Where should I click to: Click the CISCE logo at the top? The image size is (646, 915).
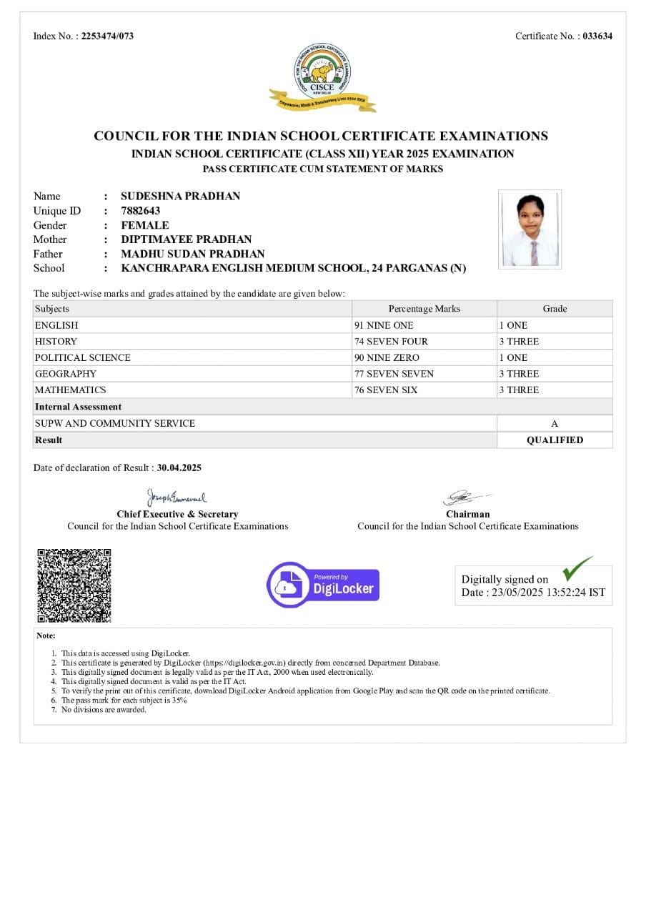323,77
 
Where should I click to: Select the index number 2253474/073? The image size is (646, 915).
107,36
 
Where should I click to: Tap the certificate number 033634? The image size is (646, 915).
597,36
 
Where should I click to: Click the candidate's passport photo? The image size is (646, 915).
530,229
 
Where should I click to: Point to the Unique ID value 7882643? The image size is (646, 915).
140,211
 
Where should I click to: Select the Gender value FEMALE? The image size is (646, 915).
144,225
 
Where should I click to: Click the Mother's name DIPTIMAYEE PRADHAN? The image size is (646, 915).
186,239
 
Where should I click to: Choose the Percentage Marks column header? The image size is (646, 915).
424,309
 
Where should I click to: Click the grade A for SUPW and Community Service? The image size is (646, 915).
555,424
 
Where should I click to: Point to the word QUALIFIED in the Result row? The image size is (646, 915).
555,440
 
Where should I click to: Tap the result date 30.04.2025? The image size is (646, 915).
179,468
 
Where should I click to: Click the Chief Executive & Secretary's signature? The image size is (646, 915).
177,497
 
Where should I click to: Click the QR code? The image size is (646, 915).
74,585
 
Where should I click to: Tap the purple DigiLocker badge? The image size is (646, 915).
323,585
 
